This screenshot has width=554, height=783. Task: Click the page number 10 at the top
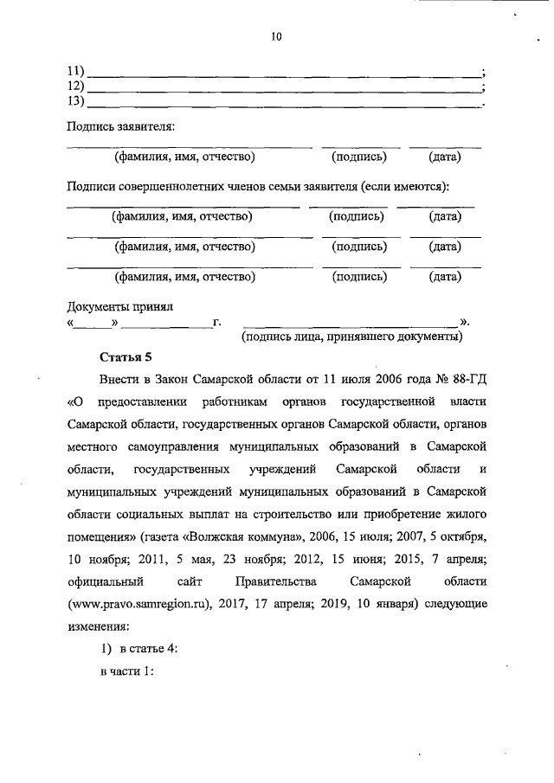coord(276,36)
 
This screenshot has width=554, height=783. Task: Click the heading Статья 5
coord(126,356)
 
